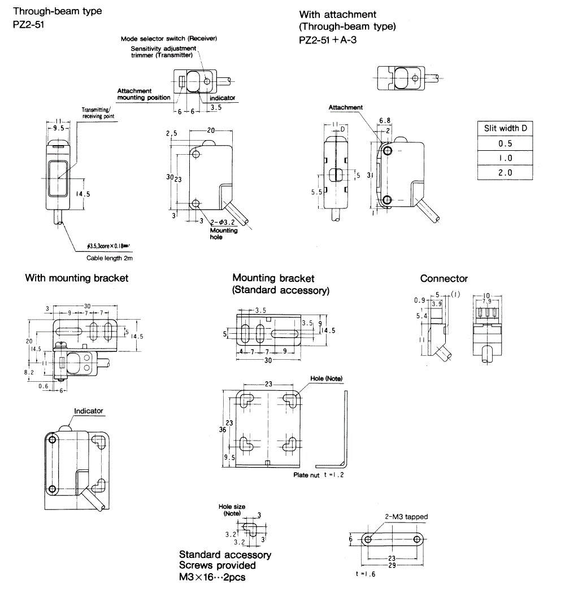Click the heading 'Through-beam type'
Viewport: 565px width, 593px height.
tap(57, 11)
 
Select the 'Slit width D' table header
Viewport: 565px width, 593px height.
tap(506, 128)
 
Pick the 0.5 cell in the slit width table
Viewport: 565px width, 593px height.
tap(506, 143)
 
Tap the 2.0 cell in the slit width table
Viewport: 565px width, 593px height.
tap(506, 173)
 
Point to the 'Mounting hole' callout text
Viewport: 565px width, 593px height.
tap(224, 234)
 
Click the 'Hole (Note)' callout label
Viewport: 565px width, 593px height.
tap(326, 378)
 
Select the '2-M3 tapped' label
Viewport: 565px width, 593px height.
tap(406, 516)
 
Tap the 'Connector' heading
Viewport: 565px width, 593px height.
tap(444, 278)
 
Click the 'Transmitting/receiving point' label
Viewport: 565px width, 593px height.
tap(98, 113)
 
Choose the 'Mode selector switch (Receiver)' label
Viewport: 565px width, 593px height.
tap(169, 38)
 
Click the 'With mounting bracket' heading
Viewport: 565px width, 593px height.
tap(77, 278)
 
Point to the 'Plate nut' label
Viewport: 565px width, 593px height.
tap(306, 475)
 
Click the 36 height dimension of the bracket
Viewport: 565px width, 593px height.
tap(223, 429)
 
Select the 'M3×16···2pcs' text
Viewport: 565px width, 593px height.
tap(212, 577)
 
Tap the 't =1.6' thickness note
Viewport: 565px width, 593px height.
tap(366, 574)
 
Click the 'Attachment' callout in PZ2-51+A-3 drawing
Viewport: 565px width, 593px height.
tap(346, 107)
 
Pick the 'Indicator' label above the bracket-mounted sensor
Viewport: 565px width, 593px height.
tap(89, 411)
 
